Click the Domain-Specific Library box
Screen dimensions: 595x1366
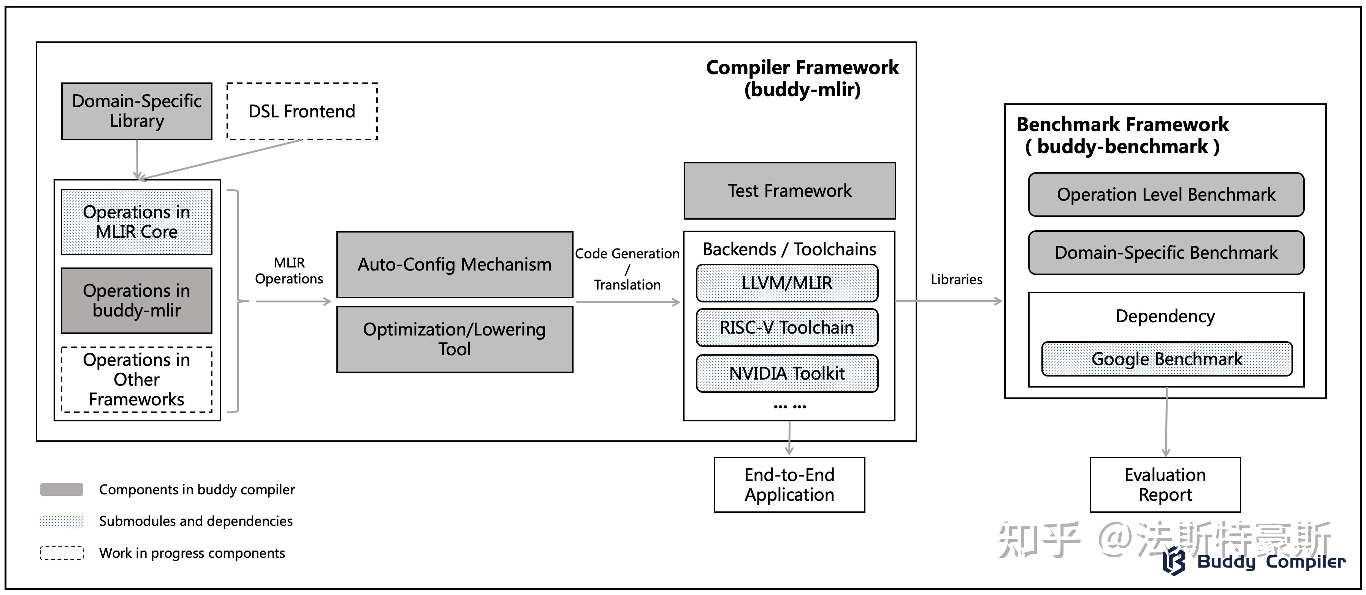coord(137,111)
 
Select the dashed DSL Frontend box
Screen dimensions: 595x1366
coord(302,111)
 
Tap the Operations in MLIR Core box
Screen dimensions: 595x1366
coord(137,222)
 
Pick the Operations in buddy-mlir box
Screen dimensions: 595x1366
coord(137,300)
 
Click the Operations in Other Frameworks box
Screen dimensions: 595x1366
coord(137,379)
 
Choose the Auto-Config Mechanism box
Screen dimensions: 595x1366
coord(455,264)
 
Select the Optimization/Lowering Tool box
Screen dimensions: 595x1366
coord(455,339)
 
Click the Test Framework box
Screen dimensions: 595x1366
coord(789,190)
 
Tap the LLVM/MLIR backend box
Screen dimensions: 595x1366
coord(786,283)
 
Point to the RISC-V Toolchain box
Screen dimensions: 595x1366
coord(786,327)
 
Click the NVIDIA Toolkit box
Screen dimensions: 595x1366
coord(786,373)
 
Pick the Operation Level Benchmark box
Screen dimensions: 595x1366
coord(1166,195)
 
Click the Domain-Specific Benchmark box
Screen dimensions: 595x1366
coord(1166,252)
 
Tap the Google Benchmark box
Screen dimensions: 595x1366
coord(1166,359)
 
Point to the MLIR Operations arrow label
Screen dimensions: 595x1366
coord(289,271)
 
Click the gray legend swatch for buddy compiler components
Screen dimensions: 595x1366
coord(62,489)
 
